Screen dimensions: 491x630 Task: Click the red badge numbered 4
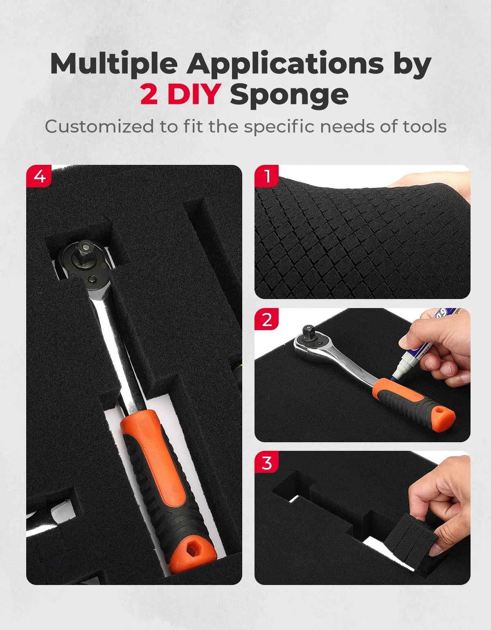[39, 176]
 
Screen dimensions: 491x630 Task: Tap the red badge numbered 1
[267, 176]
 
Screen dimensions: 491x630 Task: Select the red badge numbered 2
[267, 319]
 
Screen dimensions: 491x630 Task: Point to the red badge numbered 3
[267, 462]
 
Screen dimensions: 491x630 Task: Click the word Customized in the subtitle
[99, 126]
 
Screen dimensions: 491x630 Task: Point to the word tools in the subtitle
[425, 127]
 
